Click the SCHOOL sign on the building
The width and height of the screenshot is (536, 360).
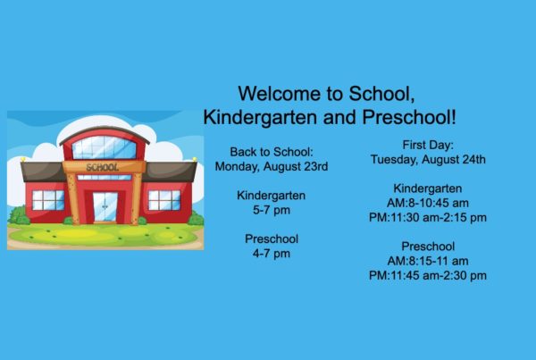coord(103,167)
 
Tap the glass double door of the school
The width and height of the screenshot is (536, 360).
coord(105,207)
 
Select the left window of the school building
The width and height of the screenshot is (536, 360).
coord(48,200)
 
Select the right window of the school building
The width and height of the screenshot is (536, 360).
coord(164,200)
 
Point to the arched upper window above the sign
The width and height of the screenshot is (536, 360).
coord(105,147)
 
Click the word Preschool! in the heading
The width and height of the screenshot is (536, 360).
coord(409,117)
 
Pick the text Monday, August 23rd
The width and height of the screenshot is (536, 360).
coord(272,166)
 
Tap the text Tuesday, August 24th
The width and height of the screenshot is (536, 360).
coord(428,159)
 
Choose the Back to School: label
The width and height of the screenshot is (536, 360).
coord(272,152)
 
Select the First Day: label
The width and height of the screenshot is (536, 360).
coord(428,145)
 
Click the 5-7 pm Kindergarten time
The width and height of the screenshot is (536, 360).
coord(272,210)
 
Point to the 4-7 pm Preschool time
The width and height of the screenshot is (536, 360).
coord(272,254)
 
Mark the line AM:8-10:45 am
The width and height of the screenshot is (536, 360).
coord(428,203)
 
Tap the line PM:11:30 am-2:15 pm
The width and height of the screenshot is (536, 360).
coord(428,217)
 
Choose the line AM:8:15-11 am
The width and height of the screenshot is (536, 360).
coord(428,261)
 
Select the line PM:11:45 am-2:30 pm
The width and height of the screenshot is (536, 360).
coord(428,275)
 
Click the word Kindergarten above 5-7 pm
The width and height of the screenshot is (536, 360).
coord(272,196)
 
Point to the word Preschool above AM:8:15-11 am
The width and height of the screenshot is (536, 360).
coord(428,247)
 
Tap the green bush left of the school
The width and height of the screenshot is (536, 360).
coord(19,215)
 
